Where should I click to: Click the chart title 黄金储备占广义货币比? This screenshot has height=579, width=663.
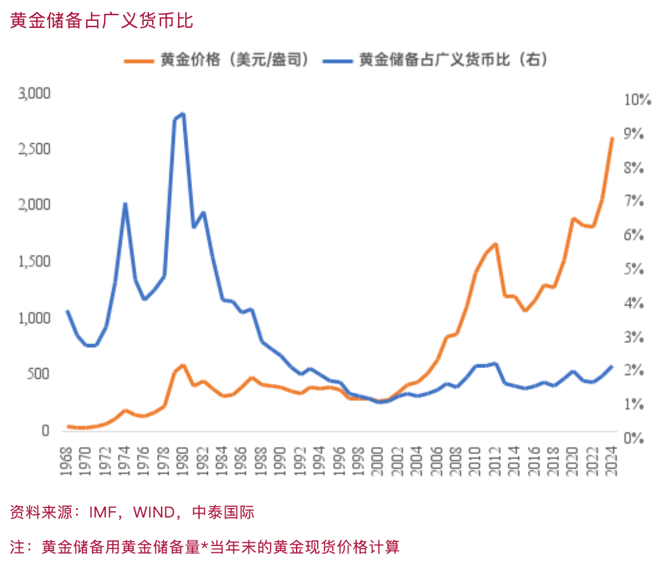click(x=101, y=20)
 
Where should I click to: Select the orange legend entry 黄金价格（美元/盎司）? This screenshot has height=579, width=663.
click(x=235, y=60)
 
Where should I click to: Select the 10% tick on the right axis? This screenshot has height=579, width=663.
click(x=637, y=100)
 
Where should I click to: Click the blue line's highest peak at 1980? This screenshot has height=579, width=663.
click(x=183, y=114)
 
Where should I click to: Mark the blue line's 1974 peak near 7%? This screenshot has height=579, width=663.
click(x=126, y=204)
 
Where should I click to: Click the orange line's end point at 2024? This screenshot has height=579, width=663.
click(x=612, y=138)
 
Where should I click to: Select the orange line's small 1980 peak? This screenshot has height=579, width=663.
click(x=183, y=366)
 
